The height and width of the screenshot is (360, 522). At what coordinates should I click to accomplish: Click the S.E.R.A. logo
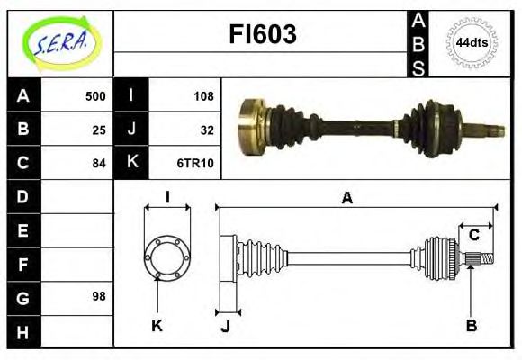(x=60, y=42)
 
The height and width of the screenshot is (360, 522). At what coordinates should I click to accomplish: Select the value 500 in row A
(x=94, y=96)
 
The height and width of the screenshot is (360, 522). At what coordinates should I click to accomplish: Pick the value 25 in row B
(x=99, y=130)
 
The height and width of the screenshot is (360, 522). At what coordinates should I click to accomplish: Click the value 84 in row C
(x=99, y=164)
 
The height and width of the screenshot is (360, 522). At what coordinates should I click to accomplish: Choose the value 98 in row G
(x=99, y=295)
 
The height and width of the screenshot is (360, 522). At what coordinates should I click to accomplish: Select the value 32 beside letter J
(x=205, y=130)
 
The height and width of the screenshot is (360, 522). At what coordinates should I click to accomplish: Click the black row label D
(x=23, y=195)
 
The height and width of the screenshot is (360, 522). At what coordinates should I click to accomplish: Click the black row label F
(x=23, y=264)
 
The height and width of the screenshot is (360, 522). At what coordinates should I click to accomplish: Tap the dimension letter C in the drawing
(x=473, y=236)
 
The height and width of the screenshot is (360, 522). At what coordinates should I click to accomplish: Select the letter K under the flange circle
(x=157, y=325)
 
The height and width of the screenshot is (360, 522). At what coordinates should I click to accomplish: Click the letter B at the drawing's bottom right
(x=471, y=325)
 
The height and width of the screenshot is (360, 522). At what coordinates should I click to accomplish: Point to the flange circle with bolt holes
(x=167, y=256)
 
